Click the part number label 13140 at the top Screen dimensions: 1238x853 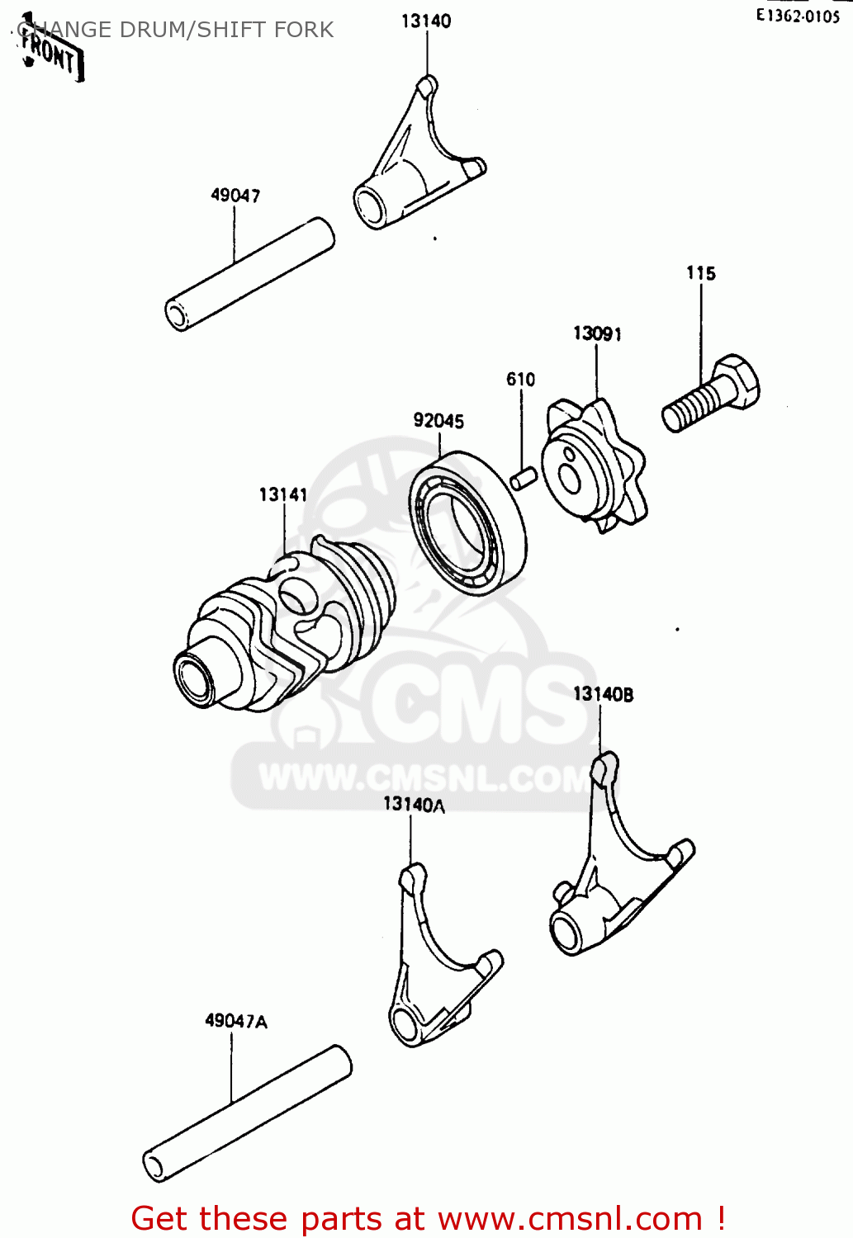(x=426, y=21)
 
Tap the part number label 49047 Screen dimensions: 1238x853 (x=235, y=196)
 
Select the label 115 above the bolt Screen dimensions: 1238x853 (x=701, y=273)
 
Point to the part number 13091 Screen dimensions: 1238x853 (x=597, y=333)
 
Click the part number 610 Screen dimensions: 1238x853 (x=520, y=380)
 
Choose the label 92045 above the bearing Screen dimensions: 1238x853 (x=438, y=421)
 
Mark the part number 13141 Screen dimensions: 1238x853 (x=283, y=494)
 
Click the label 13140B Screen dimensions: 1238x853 (x=603, y=695)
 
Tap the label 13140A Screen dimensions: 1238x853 (x=414, y=805)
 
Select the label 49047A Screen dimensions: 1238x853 (x=236, y=1022)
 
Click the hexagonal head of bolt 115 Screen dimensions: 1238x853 (x=737, y=381)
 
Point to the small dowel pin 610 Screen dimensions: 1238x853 (x=524, y=478)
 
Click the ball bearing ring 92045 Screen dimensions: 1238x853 (x=467, y=523)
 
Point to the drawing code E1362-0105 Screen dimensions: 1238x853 (x=797, y=16)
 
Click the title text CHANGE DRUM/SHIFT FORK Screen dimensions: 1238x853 (x=175, y=31)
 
